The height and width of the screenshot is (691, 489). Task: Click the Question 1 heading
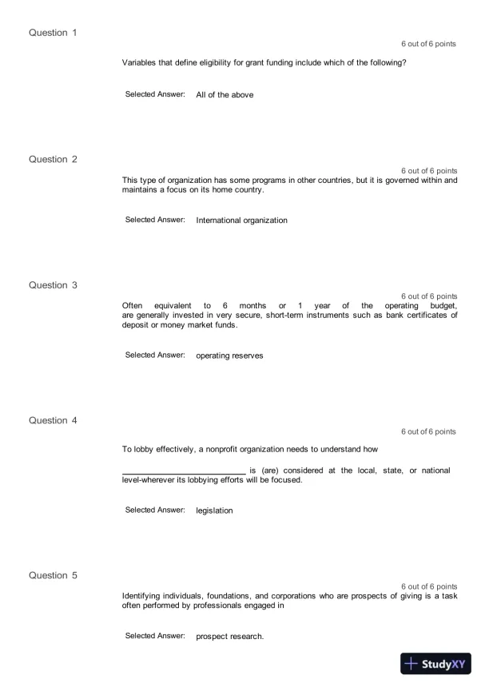53,33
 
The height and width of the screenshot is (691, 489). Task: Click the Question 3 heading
53,285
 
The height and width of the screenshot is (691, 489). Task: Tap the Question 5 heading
53,575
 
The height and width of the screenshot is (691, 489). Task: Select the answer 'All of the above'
225,95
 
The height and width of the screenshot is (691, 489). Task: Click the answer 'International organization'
241,220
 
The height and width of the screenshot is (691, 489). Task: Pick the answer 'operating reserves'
229,355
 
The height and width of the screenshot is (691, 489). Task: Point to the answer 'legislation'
214,510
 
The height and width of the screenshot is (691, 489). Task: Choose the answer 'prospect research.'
229,637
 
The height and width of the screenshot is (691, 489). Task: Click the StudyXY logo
435,664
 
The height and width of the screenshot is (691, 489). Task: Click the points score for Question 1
428,44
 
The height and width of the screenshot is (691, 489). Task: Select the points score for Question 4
428,432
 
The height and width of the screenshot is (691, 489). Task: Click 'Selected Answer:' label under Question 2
155,220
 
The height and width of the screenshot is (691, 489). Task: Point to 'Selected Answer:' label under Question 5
155,636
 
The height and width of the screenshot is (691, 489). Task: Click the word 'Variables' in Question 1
138,62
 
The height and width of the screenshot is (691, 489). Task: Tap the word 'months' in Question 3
252,306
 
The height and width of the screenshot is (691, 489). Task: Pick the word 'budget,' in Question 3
440,306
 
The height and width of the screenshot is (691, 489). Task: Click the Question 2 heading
53,159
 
